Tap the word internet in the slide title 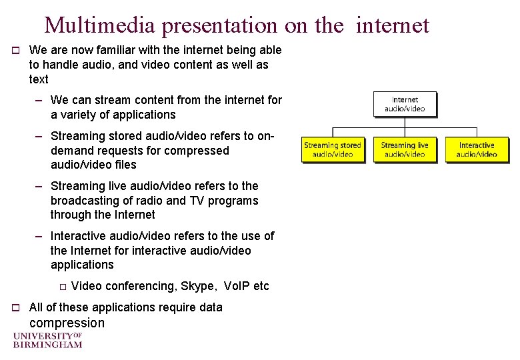(x=393, y=25)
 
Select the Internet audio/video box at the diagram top (x=405, y=104)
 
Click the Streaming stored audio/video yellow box (x=332, y=149)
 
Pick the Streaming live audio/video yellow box (x=405, y=149)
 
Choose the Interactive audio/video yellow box (x=477, y=149)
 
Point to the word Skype (x=197, y=286)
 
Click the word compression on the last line (x=67, y=323)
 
